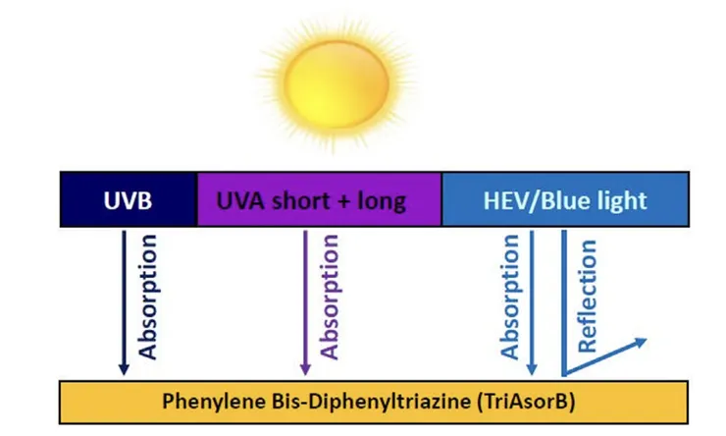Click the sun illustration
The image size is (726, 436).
point(337,84)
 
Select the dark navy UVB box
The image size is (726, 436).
point(129,199)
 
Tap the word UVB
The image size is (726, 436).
point(128,201)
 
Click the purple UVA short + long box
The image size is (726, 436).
point(320,199)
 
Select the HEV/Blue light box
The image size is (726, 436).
point(565,199)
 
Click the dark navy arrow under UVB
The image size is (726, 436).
point(124,302)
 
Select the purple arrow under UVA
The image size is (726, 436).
point(305,302)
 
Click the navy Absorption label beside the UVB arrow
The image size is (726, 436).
point(148,297)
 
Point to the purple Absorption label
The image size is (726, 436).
point(330,297)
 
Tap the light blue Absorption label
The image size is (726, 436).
point(510,297)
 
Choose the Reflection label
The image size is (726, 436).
point(588,297)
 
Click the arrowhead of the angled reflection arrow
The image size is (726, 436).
point(641,343)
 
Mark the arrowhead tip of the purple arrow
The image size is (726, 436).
point(305,375)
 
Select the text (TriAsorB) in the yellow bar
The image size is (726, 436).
point(526,402)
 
